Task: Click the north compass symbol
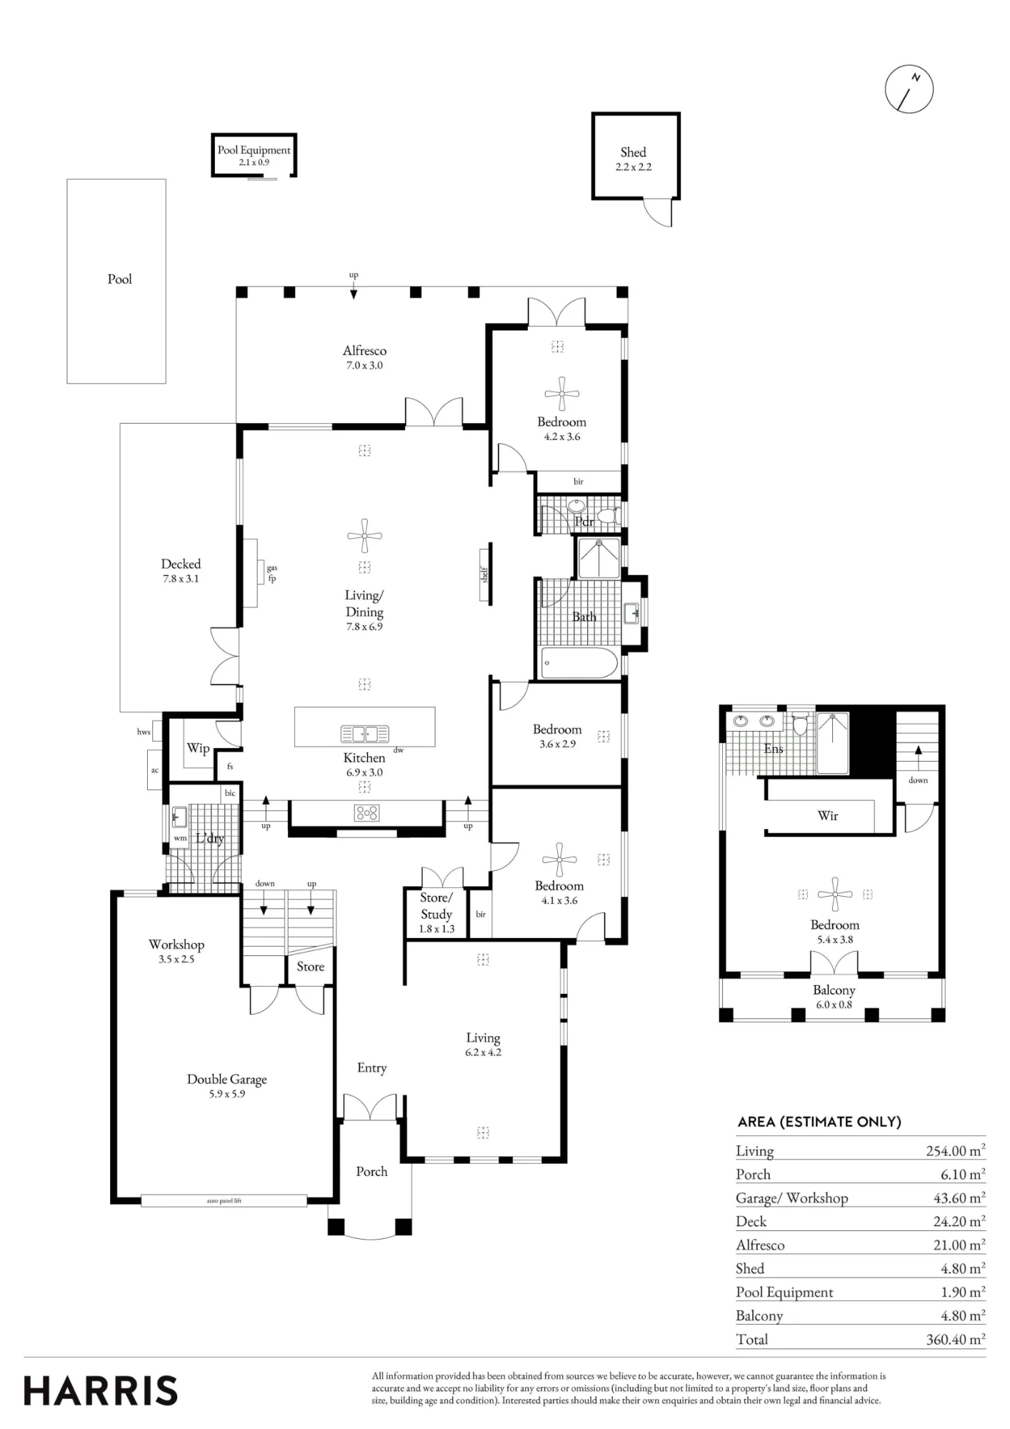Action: coord(909,89)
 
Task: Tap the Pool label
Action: coord(119,279)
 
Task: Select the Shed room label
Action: coord(633,152)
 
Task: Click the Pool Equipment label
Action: coord(254,150)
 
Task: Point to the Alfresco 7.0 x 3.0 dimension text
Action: coord(364,366)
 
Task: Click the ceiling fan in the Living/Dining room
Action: coord(364,536)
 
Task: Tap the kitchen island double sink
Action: coord(364,733)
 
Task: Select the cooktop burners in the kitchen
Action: coord(366,812)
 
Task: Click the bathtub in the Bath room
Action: coord(579,663)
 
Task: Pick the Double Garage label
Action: coord(227,1079)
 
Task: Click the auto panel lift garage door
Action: coord(224,1201)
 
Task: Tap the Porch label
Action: coord(371,1171)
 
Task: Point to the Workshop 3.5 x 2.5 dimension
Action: coord(176,960)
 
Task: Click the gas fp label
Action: coord(271,573)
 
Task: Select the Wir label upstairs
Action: coord(828,815)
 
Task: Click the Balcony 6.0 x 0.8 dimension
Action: coord(834,1005)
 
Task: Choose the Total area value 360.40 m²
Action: coord(956,1339)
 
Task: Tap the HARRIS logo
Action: coord(101,1390)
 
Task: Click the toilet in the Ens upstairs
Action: coord(800,724)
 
